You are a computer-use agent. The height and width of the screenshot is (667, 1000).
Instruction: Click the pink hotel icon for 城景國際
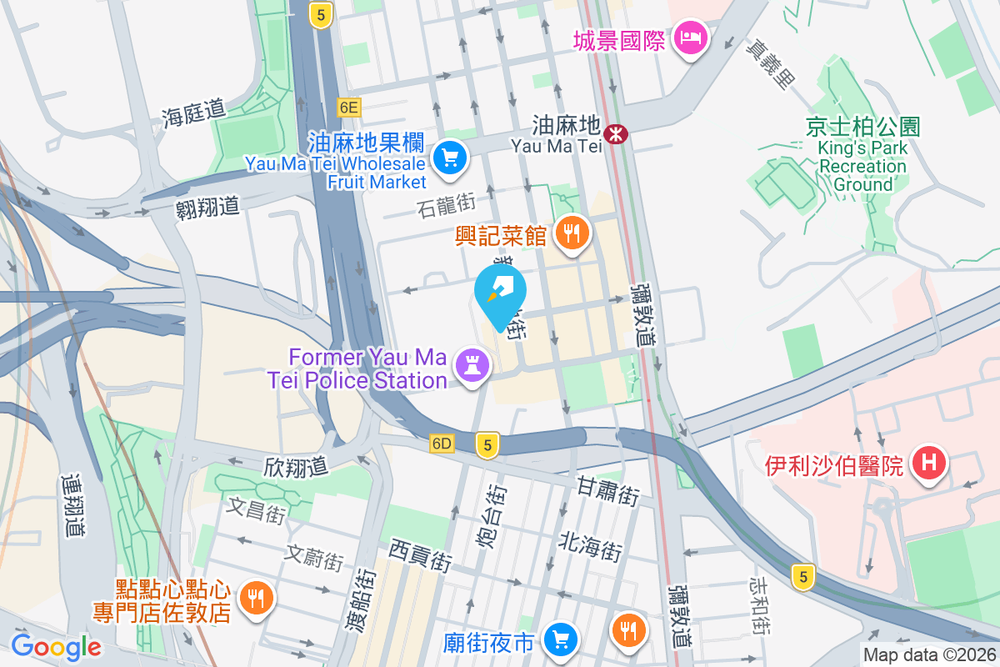point(691,38)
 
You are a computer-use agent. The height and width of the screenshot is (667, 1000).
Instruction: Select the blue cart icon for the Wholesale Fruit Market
point(451,156)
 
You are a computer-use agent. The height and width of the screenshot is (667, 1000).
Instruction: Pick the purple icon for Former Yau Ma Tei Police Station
point(472,366)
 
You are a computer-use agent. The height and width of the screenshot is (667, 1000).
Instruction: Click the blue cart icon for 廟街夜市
point(560,639)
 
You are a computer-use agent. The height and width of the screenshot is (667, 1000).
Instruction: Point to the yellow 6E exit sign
point(348,107)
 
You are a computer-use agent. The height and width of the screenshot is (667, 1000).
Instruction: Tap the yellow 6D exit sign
point(442,444)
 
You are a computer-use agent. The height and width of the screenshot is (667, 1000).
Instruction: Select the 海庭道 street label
point(194,113)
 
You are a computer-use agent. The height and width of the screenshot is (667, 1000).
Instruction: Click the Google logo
point(56,646)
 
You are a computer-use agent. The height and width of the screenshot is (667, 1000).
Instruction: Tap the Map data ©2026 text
point(929,655)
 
